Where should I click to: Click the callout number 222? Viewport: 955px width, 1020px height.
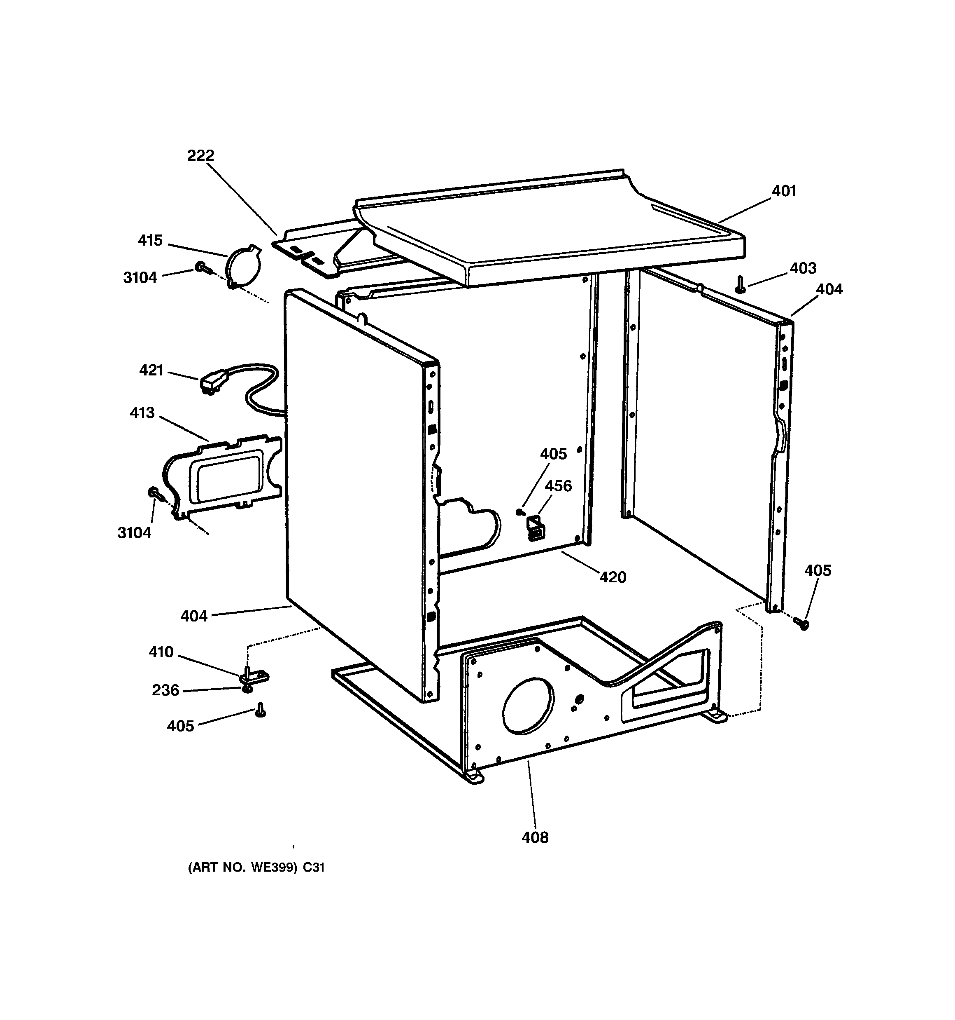coord(200,155)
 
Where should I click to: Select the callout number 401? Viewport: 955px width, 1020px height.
coord(784,191)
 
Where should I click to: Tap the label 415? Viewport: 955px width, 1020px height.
coord(150,240)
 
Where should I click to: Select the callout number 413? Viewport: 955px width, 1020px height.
coord(142,413)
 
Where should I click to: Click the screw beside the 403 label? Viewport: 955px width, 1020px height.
coord(740,284)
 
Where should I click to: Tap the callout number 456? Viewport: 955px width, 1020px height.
coord(558,485)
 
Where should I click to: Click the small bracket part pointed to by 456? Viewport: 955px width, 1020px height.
coord(533,528)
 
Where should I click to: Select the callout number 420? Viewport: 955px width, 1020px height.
coord(613,577)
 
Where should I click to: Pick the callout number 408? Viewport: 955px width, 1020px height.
coord(535,837)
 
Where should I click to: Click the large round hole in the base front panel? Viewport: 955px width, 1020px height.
coord(529,705)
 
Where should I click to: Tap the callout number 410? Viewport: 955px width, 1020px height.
coord(161,652)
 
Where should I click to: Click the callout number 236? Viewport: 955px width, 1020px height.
coord(165,690)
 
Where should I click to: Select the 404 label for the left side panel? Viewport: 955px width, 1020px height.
coord(194,616)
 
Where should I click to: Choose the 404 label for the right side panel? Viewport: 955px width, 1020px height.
coord(829,289)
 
